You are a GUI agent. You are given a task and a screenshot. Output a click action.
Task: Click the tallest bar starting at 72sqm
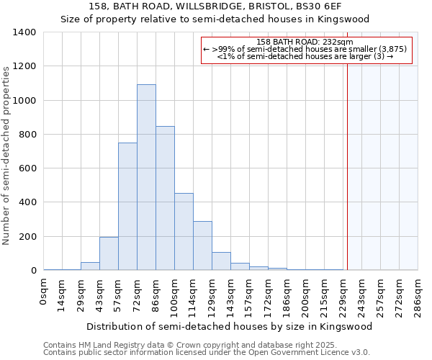[146, 177]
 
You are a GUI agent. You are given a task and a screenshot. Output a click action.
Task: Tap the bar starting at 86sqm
[165, 198]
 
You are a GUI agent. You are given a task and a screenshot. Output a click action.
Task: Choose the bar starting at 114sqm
[202, 246]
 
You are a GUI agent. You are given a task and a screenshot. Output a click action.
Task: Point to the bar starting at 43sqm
[109, 253]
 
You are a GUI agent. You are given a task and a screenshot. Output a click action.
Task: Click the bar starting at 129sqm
[221, 261]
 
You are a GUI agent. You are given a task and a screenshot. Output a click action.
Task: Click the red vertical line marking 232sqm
[347, 166]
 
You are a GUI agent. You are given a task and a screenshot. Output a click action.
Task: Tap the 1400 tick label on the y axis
[24, 32]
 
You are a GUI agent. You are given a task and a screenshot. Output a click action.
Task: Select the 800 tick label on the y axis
[27, 135]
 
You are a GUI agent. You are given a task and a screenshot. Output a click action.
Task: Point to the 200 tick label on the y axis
[27, 237]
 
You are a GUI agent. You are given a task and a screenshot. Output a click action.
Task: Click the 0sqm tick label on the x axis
[45, 291]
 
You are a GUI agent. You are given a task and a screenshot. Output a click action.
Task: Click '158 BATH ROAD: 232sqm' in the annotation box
[305, 42]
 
